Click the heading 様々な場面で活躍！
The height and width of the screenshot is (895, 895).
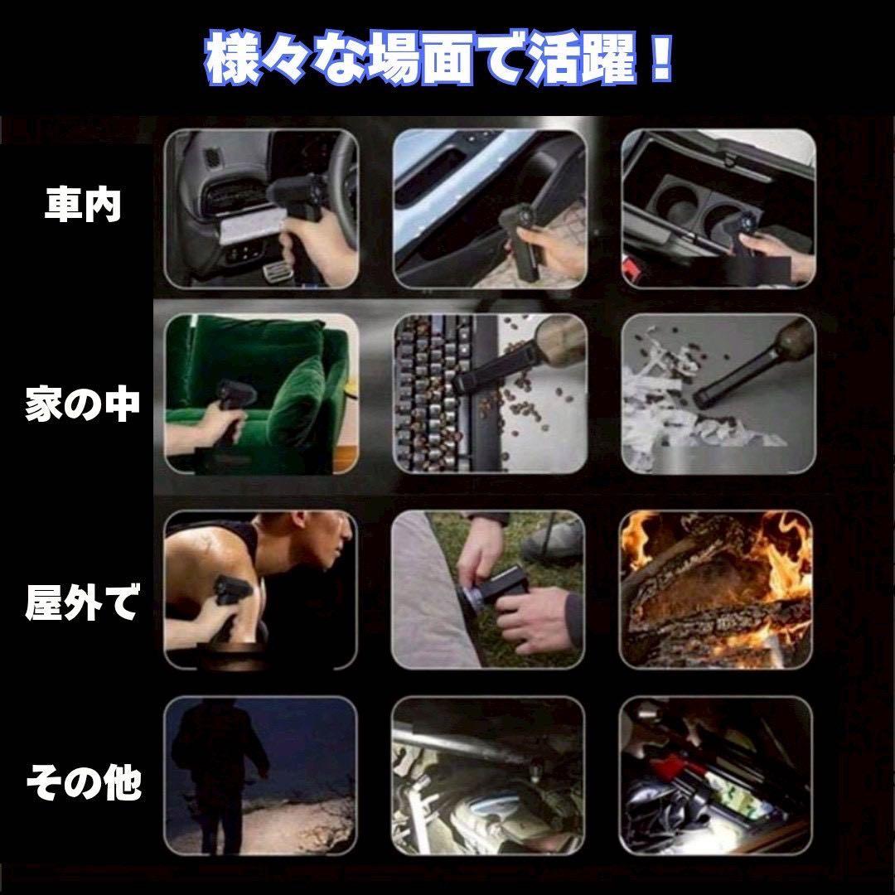pyautogui.click(x=439, y=60)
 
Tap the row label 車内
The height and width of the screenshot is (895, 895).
pyautogui.click(x=84, y=205)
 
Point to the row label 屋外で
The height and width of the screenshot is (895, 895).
pyautogui.click(x=83, y=602)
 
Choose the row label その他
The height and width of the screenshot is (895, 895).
pyautogui.click(x=84, y=782)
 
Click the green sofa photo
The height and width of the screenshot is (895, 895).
pyautogui.click(x=262, y=394)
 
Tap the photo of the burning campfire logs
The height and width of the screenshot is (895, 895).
pyautogui.click(x=716, y=590)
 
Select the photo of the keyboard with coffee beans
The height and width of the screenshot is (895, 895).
pyautogui.click(x=490, y=394)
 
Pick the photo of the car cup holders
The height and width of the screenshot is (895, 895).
pyautogui.click(x=718, y=209)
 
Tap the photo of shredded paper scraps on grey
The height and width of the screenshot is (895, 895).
pyautogui.click(x=718, y=394)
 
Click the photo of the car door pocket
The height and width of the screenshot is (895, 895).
pyautogui.click(x=490, y=209)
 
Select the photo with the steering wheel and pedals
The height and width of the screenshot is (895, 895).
pyautogui.click(x=262, y=209)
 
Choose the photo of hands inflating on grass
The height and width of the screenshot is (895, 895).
pyautogui.click(x=488, y=590)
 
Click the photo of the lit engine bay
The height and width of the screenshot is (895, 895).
pyautogui.click(x=488, y=776)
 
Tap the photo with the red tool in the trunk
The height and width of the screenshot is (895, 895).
pyautogui.click(x=716, y=776)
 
